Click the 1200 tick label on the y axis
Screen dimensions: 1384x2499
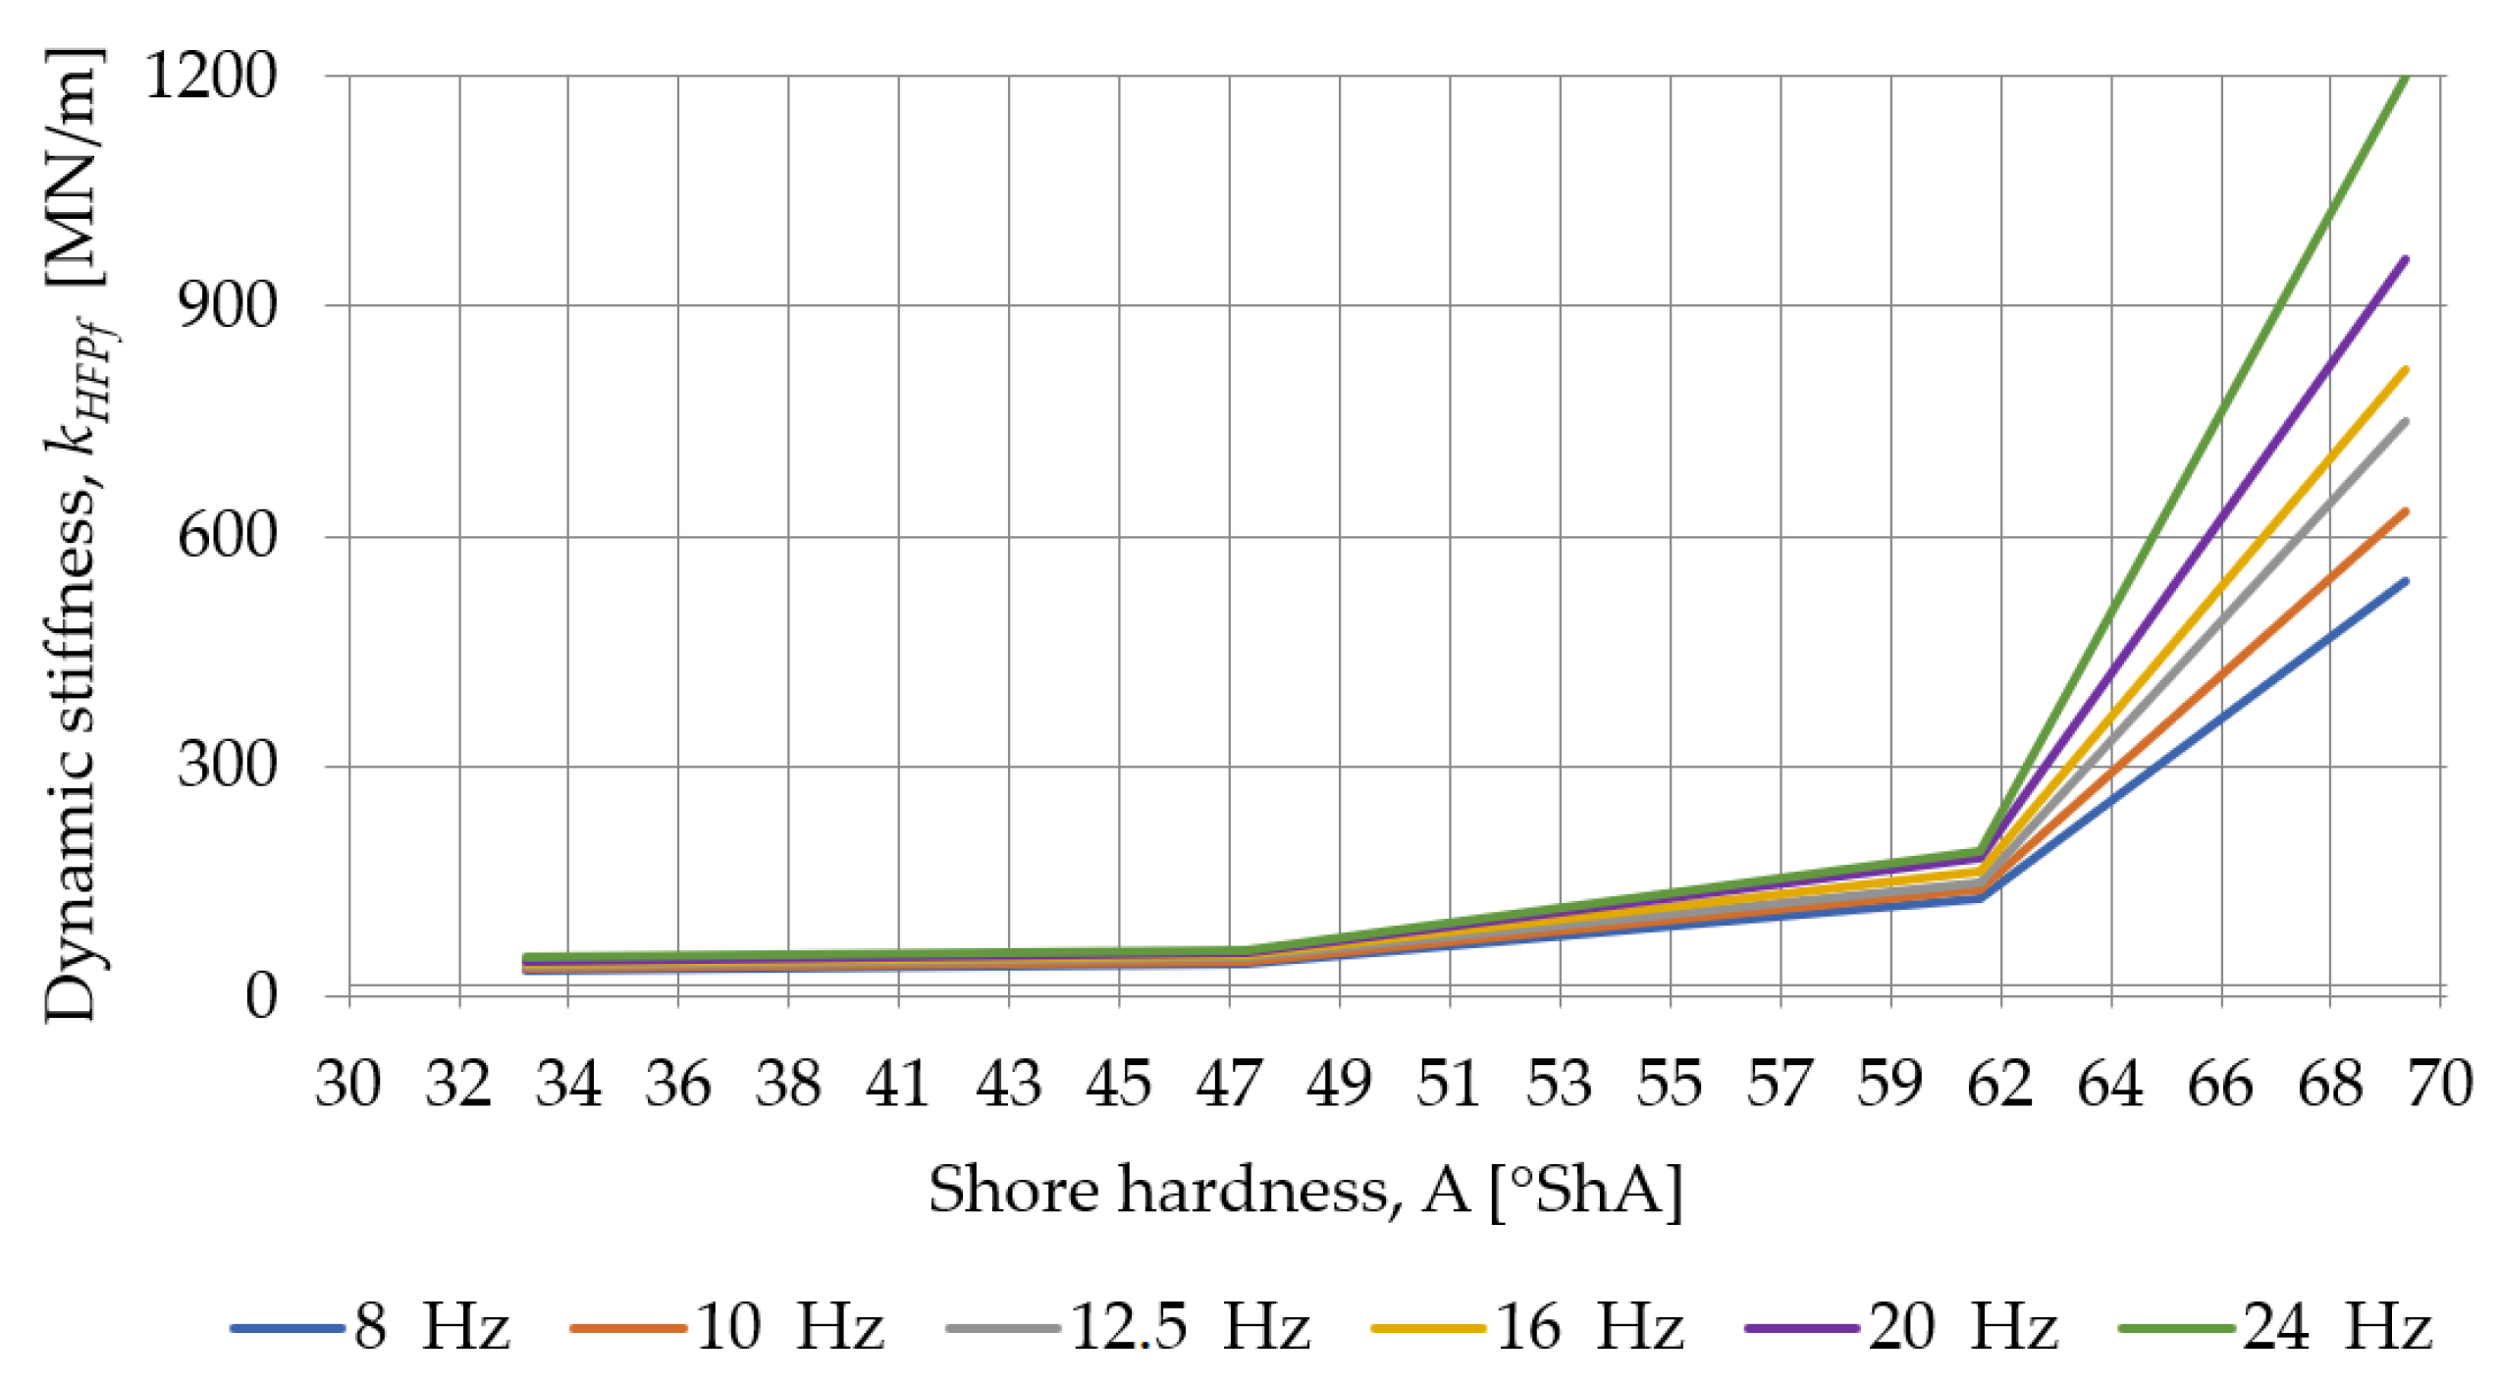[211, 76]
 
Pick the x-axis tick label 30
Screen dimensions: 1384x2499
[348, 1084]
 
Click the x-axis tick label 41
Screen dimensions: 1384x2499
[898, 1084]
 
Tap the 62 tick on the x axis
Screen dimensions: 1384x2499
[2000, 1084]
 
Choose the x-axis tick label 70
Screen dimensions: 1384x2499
[2440, 1084]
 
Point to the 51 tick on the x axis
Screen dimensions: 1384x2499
[1449, 1084]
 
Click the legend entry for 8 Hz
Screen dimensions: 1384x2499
[371, 1327]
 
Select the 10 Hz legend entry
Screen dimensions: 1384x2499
[727, 1327]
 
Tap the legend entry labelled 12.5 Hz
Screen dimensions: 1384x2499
[1129, 1327]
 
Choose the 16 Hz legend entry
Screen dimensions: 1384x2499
[1527, 1327]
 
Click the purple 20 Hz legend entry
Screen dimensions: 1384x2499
[1901, 1327]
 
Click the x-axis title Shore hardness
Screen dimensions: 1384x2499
[1305, 1190]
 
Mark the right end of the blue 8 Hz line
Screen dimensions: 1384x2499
[2406, 581]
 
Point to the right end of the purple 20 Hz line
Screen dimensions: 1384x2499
[2406, 259]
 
